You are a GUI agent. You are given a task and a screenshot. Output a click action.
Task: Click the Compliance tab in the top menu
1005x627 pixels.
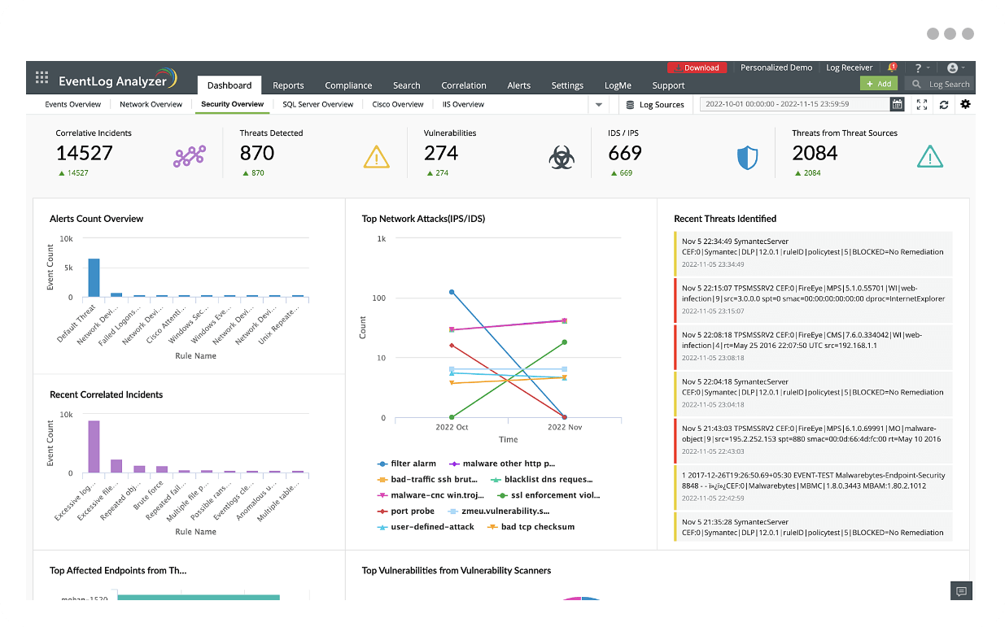tap(348, 85)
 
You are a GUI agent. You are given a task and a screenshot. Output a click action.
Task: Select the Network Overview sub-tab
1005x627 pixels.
tap(151, 104)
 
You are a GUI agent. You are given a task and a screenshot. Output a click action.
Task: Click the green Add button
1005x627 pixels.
tap(879, 84)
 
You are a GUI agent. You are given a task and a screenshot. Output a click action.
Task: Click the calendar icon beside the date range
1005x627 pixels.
tap(897, 104)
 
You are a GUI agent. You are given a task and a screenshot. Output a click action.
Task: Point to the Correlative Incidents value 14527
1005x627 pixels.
tap(85, 153)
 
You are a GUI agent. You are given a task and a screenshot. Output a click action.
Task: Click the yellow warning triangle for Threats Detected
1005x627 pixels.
tap(377, 156)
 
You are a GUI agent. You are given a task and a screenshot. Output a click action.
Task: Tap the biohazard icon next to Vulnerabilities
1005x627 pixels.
tap(561, 157)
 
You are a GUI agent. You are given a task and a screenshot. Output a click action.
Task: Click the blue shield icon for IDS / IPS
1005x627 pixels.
tap(747, 157)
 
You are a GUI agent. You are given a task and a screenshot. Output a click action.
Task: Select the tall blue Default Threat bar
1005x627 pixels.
tap(94, 278)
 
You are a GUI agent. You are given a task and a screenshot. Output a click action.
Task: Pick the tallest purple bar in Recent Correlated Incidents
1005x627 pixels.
tap(94, 446)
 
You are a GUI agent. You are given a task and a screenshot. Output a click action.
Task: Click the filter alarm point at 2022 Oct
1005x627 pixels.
tap(452, 292)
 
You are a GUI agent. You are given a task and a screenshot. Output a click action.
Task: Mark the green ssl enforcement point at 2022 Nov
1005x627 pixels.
tap(565, 342)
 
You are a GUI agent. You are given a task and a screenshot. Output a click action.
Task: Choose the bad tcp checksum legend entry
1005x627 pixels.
tap(537, 527)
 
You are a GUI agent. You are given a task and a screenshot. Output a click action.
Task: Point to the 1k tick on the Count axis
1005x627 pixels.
tap(381, 239)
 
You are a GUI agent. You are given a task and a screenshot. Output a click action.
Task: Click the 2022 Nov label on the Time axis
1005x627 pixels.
tap(565, 427)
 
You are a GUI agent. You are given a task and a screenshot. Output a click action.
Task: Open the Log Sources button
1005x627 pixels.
tap(655, 105)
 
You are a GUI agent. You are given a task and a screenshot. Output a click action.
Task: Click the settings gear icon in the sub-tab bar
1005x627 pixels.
tap(966, 104)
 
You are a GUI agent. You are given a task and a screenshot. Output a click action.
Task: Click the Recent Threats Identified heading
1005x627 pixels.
tap(725, 219)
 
